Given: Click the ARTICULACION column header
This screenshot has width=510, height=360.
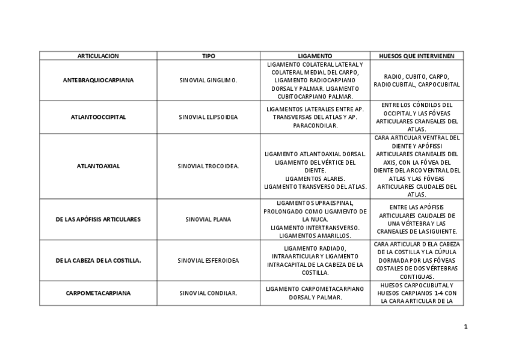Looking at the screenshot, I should [x=98, y=56].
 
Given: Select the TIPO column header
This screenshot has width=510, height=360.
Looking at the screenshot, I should [x=208, y=56].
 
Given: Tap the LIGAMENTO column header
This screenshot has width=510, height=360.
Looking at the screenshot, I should [x=315, y=56].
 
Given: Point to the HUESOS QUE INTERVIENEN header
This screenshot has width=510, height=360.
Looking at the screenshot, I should [x=416, y=56].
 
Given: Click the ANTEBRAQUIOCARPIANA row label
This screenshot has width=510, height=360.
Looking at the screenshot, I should [x=98, y=80].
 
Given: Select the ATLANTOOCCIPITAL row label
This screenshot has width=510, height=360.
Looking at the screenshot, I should [x=98, y=117].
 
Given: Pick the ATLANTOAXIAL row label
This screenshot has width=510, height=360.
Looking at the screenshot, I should [x=98, y=166].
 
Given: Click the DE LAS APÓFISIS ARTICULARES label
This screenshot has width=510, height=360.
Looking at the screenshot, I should [x=98, y=219].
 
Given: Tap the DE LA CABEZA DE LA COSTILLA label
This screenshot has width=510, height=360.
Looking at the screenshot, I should [x=98, y=260].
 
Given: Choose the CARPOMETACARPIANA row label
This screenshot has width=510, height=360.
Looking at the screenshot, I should [x=98, y=293].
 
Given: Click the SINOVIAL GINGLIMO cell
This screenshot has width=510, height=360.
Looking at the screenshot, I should [x=208, y=80].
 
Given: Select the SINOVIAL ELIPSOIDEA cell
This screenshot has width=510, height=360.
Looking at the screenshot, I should [x=208, y=117].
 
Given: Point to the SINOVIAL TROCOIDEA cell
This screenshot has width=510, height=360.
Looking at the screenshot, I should [x=208, y=166].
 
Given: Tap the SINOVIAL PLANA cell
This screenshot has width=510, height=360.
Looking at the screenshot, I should [x=208, y=219].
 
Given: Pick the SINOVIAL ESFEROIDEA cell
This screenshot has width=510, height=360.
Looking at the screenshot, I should [x=208, y=260].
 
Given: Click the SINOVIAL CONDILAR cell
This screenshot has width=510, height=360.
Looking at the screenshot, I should [x=208, y=293].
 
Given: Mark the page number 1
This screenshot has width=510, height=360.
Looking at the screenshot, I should [x=465, y=327].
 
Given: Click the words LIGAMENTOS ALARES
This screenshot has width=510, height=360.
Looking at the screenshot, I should [x=315, y=178].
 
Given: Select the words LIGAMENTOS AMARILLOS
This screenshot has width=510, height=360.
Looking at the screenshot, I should [x=315, y=236].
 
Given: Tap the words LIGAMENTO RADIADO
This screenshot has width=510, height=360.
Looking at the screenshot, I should [x=315, y=248].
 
